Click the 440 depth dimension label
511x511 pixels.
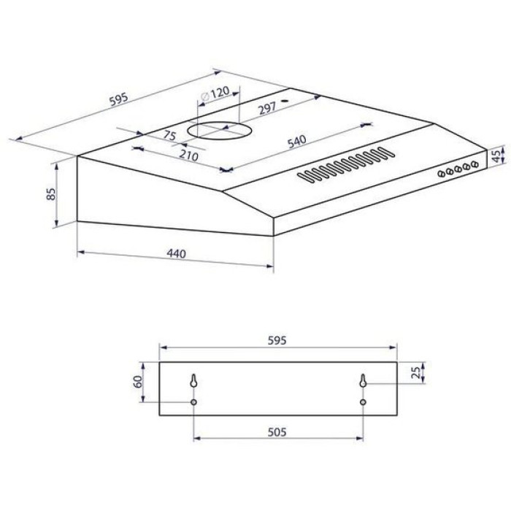177,253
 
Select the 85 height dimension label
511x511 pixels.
51,194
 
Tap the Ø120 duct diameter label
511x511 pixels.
215,93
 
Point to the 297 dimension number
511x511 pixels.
267,107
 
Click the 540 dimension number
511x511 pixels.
296,142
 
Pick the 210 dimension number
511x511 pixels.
188,155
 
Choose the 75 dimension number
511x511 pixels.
169,135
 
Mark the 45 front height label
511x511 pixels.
496,156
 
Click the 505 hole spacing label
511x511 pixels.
277,432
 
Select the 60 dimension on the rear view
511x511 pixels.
138,382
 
